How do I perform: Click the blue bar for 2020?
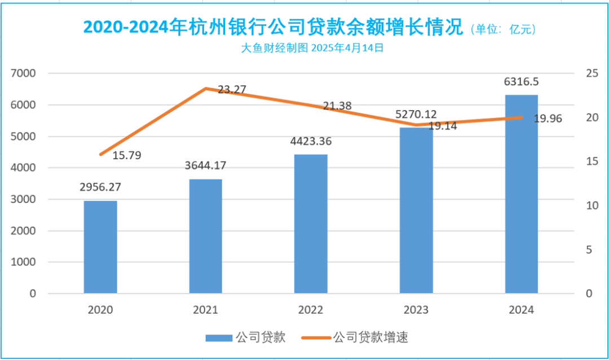[100, 247]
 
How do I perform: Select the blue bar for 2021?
[205, 236]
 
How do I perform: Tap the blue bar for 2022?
[311, 224]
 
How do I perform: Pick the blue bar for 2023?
[416, 210]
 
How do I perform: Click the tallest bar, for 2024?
[521, 194]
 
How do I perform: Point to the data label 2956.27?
[100, 187]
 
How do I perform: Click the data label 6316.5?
[521, 82]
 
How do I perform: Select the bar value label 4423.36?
[311, 141]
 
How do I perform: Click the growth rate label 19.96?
[547, 118]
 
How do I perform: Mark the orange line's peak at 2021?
[206, 89]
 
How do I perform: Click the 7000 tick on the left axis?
[24, 73]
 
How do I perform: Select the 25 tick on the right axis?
[589, 73]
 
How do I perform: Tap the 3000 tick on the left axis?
[24, 199]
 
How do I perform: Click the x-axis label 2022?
[311, 310]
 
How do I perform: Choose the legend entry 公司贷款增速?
[370, 338]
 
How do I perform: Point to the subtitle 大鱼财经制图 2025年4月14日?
[312, 49]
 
